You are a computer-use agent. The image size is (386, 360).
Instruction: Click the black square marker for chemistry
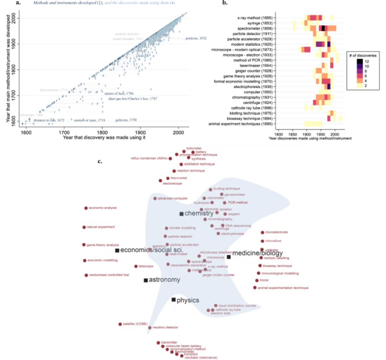pyautogui.click(x=181, y=214)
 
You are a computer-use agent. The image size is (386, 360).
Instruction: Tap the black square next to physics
pyautogui.click(x=174, y=300)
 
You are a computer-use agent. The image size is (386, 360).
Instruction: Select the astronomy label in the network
pyautogui.click(x=164, y=280)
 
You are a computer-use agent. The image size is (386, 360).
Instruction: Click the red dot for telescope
pyautogui.click(x=136, y=266)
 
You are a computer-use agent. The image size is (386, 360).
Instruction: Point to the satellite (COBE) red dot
pyautogui.click(x=120, y=324)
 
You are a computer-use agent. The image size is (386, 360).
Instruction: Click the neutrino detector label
pyautogui.click(x=165, y=327)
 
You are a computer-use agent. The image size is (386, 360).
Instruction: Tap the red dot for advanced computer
pyautogui.click(x=155, y=198)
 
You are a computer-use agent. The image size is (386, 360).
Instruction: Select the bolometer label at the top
pyautogui.click(x=194, y=148)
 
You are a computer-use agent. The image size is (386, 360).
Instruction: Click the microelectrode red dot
pyautogui.click(x=262, y=232)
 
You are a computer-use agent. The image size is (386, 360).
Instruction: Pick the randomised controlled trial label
pyautogui.click(x=109, y=275)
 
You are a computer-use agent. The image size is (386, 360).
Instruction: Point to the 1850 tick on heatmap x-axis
pyautogui.click(x=292, y=134)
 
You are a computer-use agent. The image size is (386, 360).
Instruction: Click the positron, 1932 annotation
pyautogui.click(x=196, y=38)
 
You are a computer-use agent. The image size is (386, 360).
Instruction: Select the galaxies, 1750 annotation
pyautogui.click(x=126, y=120)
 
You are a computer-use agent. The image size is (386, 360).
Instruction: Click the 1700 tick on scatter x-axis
pyautogui.click(x=64, y=132)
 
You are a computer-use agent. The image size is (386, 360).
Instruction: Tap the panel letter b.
pyautogui.click(x=225, y=3)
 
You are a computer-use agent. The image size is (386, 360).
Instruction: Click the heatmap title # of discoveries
pyautogui.click(x=363, y=55)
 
